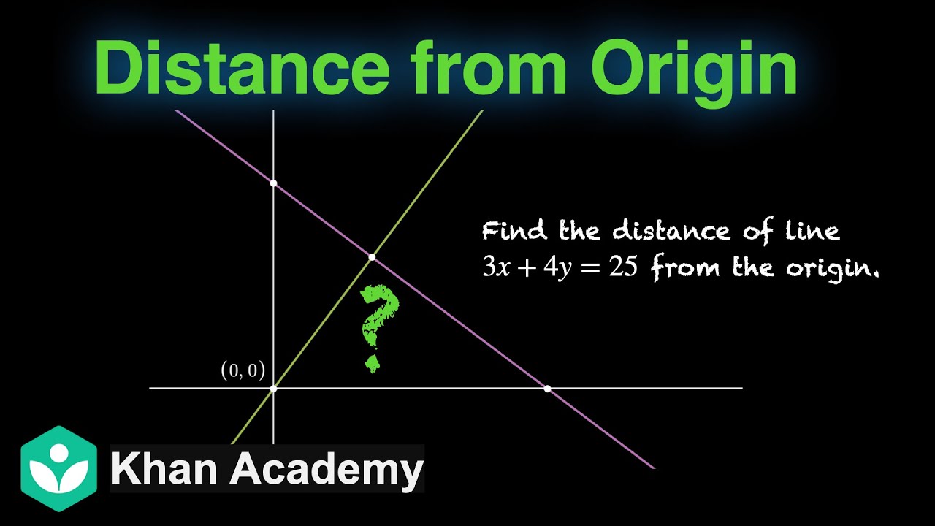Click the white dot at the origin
click(x=274, y=388)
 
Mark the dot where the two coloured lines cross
click(x=372, y=257)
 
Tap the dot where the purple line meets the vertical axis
click(x=274, y=183)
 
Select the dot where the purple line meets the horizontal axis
click(x=547, y=388)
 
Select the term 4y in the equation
click(x=552, y=269)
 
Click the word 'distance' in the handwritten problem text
click(x=671, y=232)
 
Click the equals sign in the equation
click(x=589, y=269)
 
